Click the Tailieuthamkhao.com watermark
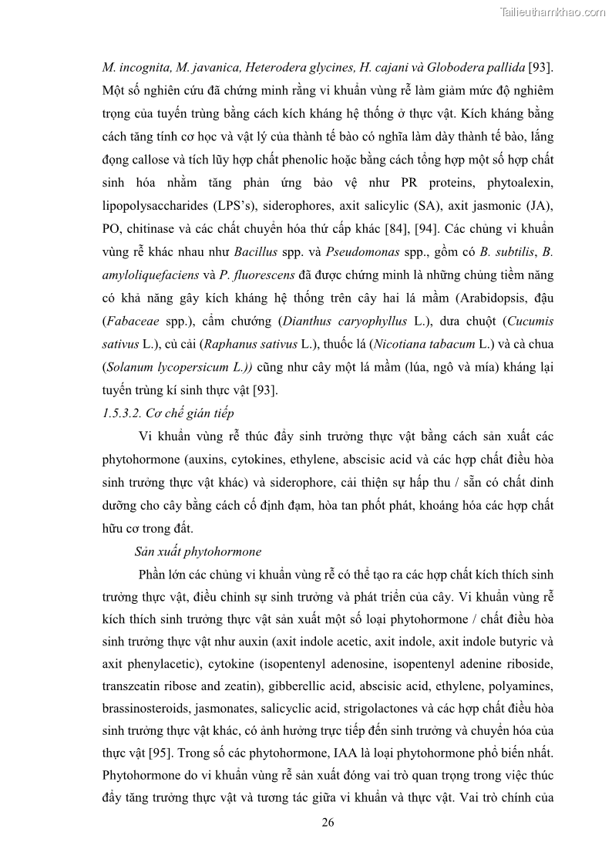coord(553,12)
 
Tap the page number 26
coord(328,822)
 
